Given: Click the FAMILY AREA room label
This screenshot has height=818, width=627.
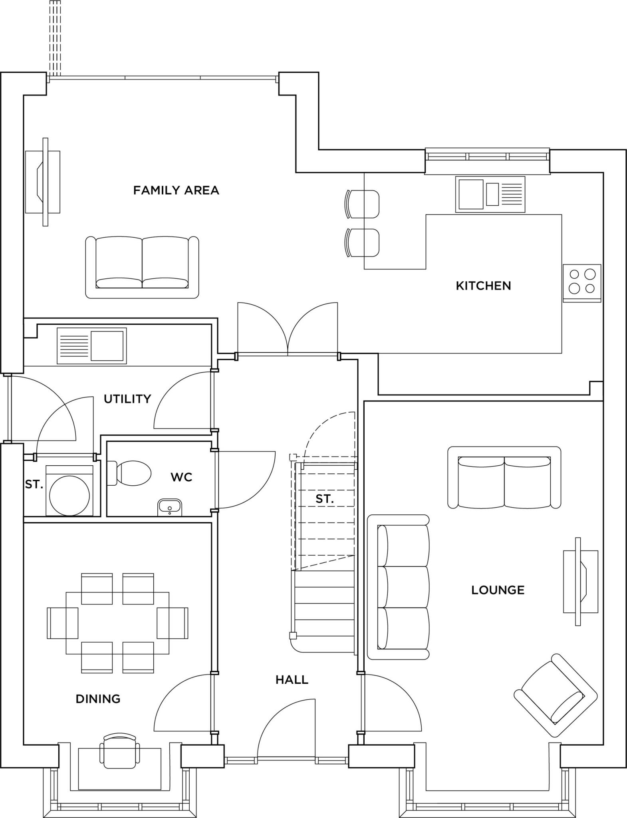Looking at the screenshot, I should tap(176, 190).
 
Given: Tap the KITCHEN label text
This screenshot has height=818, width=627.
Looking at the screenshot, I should tap(483, 286).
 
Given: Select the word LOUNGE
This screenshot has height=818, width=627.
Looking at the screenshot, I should tap(498, 590).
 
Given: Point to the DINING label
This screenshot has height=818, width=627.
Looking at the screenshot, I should tap(98, 699).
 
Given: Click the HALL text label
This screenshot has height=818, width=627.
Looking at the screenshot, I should tap(292, 679).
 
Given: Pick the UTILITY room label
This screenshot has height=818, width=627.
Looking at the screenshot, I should tap(127, 399).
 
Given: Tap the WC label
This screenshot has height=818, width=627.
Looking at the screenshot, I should tap(181, 477).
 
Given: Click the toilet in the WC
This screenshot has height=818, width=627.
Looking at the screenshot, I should tap(130, 473).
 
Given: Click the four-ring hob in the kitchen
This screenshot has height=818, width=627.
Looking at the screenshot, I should tap(582, 282).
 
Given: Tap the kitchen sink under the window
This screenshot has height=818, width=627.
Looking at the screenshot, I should tap(490, 194).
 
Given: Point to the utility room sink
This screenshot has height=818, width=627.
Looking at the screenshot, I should tap(92, 345).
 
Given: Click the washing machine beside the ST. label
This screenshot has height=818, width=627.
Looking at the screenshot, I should tap(69, 490).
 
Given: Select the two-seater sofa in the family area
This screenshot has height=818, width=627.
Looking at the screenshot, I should tap(142, 267).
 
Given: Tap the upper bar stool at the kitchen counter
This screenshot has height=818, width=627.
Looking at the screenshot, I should tap(362, 204).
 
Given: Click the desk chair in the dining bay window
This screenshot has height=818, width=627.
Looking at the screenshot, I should tap(120, 750).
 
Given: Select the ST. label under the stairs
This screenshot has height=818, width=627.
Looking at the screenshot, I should tap(324, 498).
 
